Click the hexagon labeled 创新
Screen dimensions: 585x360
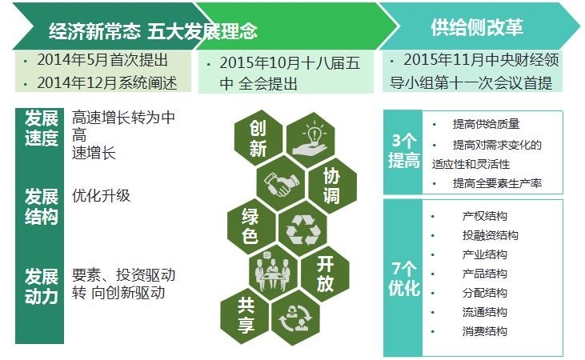(x=258, y=138)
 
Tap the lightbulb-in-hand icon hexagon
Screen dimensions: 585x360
(x=311, y=140)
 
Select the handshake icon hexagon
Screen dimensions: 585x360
(x=281, y=183)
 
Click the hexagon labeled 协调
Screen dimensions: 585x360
(x=332, y=186)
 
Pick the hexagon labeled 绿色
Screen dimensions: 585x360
(x=251, y=226)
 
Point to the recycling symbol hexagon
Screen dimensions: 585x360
(x=303, y=229)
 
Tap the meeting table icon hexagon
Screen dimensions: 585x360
(x=274, y=272)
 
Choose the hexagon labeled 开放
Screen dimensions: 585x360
(x=325, y=274)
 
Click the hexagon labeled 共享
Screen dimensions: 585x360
(x=245, y=316)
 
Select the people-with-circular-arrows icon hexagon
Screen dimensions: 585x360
(x=296, y=318)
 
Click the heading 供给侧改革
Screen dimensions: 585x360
(x=477, y=27)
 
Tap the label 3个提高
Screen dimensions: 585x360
(x=403, y=151)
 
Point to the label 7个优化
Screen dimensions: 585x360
(x=404, y=278)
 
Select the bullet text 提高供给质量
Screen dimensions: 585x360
(x=486, y=124)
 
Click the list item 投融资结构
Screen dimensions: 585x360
(x=491, y=235)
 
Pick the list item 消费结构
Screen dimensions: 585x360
(x=485, y=331)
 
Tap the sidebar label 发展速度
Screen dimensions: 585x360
(x=42, y=128)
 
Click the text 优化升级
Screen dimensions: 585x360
(x=101, y=195)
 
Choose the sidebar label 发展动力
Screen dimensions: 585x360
(x=42, y=286)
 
